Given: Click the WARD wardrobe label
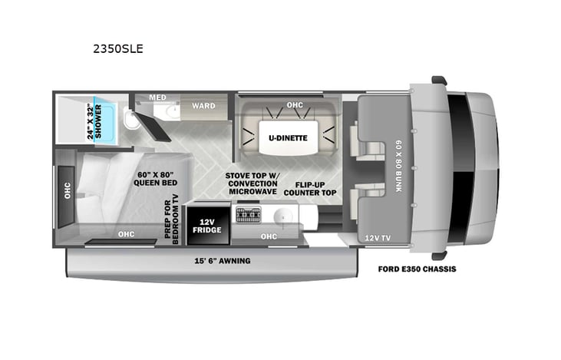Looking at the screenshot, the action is click(203, 105).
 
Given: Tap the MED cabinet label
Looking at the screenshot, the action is click(157, 97).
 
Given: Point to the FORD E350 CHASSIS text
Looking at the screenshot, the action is click(418, 269).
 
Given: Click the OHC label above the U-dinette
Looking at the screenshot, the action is click(295, 105).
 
